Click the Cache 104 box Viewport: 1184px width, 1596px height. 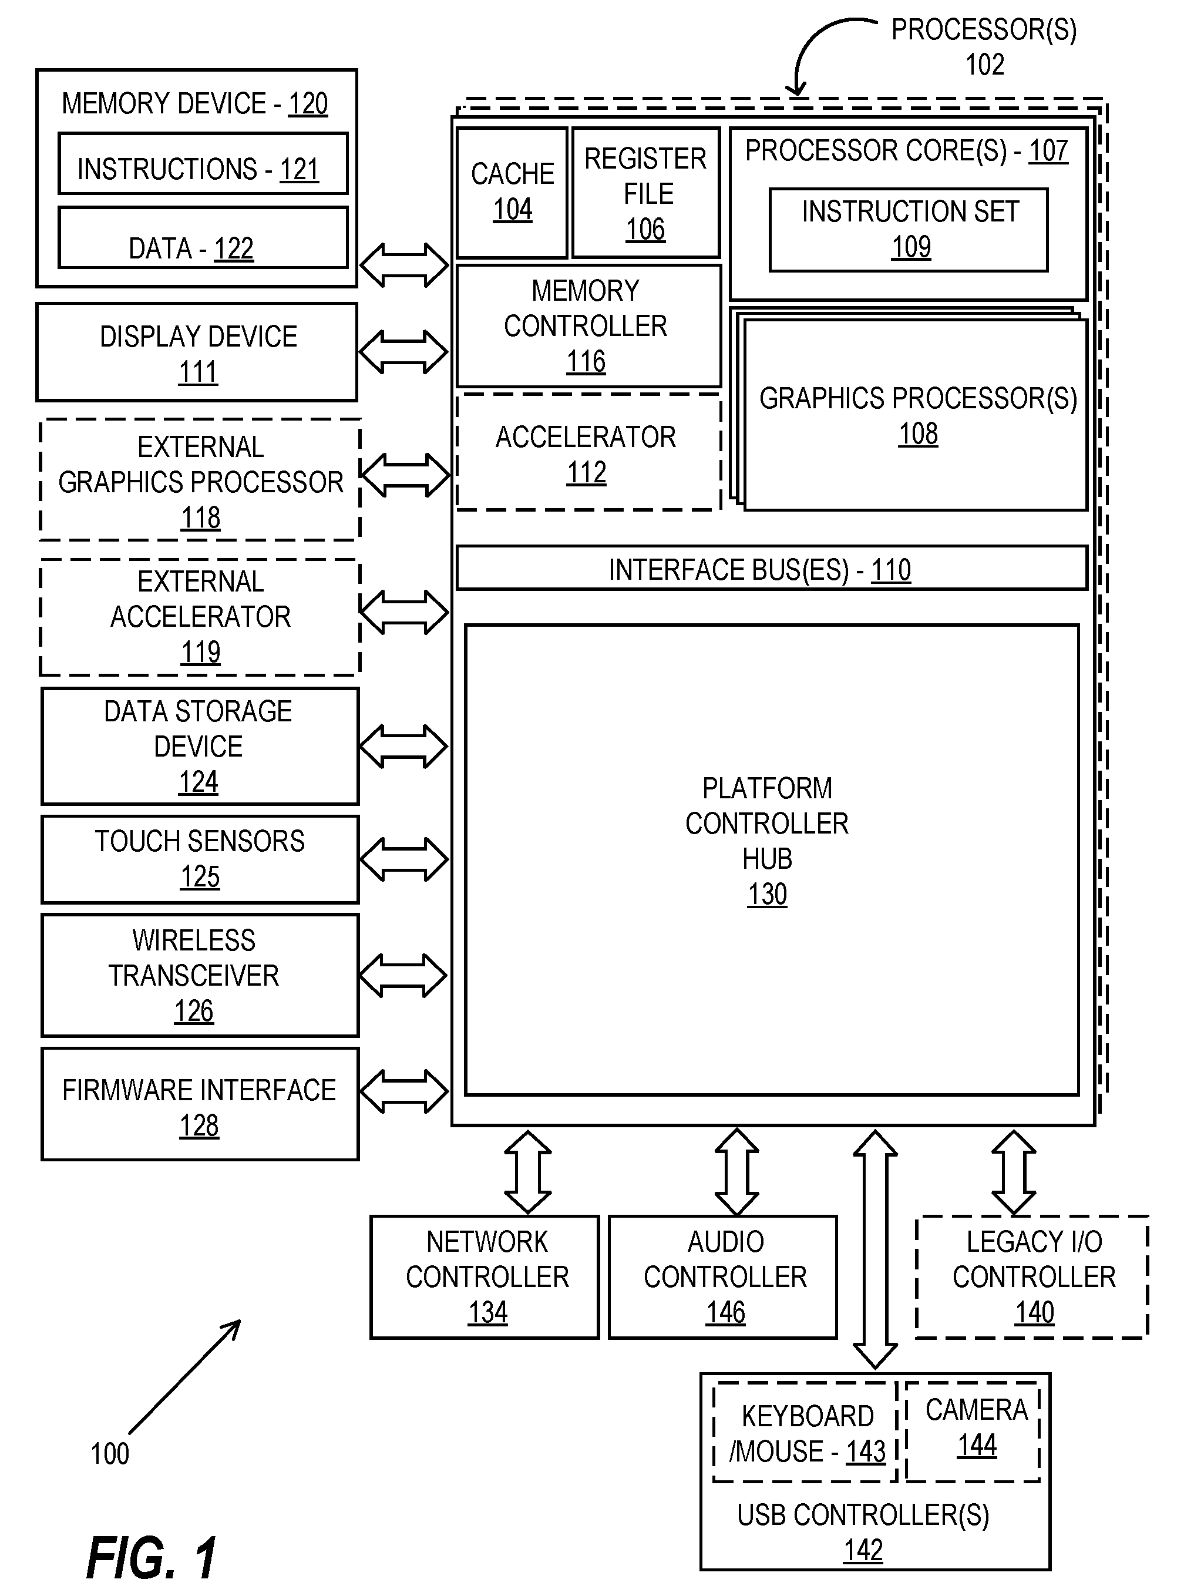coord(512,193)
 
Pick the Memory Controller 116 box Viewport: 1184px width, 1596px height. coord(588,326)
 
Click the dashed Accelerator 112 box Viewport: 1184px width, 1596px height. coord(588,452)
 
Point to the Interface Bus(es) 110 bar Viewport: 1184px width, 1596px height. coord(772,568)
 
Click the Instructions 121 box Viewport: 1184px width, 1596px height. coord(203,163)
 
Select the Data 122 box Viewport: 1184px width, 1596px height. coord(203,238)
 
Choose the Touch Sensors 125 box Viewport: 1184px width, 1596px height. coord(200,859)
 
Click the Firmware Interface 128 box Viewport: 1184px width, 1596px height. coord(200,1104)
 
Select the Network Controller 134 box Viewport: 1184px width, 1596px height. coord(485,1277)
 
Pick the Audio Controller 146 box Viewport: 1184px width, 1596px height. coord(723,1277)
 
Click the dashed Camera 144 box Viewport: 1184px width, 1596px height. coord(973,1431)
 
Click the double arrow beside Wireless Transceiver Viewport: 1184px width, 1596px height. coord(403,975)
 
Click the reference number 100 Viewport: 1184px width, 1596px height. coord(110,1453)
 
